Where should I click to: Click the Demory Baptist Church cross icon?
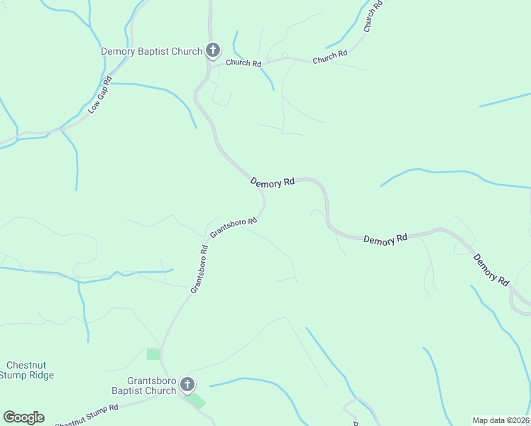click(x=212, y=50)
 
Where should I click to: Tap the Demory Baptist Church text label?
click(x=151, y=51)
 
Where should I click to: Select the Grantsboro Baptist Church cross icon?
click(x=187, y=385)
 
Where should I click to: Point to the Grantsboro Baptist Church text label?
click(x=144, y=386)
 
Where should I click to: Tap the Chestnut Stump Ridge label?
click(x=27, y=370)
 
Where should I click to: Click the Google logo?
click(x=23, y=417)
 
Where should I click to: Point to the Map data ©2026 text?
click(x=500, y=420)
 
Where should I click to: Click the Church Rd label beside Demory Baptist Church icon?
click(x=243, y=63)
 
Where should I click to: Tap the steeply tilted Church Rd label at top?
click(x=373, y=16)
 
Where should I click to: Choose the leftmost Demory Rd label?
click(x=273, y=182)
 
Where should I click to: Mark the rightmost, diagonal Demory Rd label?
click(x=492, y=270)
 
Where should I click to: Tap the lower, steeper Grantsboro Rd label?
click(x=199, y=269)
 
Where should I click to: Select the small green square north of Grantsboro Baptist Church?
click(x=153, y=354)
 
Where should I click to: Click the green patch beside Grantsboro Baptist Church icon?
click(x=197, y=400)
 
